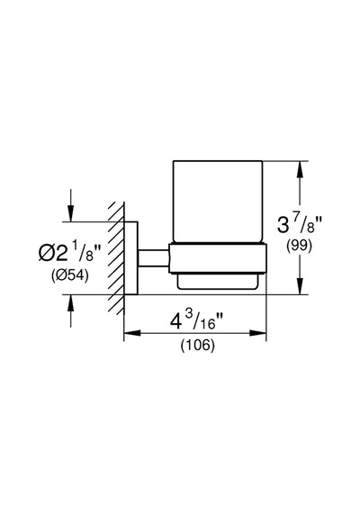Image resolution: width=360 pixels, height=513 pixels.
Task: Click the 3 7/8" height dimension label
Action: point(300,224)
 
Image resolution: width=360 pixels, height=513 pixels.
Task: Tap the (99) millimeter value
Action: point(299,246)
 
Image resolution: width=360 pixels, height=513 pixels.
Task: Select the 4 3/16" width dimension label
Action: point(196,321)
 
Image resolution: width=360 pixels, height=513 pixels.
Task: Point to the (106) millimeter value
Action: point(198,345)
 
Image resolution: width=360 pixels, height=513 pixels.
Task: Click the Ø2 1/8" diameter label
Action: point(68,253)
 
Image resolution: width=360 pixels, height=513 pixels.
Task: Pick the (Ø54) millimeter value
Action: point(69,275)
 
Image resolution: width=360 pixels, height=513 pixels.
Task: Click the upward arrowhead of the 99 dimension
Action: point(300,169)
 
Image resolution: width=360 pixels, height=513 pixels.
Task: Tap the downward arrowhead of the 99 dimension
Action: point(300,286)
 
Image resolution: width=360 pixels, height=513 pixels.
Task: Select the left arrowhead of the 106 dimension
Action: point(132,333)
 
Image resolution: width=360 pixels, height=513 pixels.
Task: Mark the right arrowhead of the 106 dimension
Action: point(258,333)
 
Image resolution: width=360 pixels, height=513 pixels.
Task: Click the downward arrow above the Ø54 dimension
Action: point(71,205)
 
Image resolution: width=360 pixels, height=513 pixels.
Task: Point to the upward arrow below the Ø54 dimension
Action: point(71,310)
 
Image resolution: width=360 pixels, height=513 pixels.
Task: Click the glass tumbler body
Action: point(218,202)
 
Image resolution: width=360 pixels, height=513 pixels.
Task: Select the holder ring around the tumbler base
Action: point(217,257)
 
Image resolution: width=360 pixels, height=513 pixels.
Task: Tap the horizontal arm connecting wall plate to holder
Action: point(153,257)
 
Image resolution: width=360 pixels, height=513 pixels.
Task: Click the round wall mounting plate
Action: point(130,258)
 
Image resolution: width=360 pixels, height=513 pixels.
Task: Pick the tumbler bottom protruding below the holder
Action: point(218,281)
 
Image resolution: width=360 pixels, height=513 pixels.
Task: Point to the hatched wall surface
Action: point(117,258)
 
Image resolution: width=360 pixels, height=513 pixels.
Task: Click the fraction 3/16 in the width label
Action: point(206,321)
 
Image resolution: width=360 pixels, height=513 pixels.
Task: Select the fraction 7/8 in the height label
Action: point(306,224)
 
